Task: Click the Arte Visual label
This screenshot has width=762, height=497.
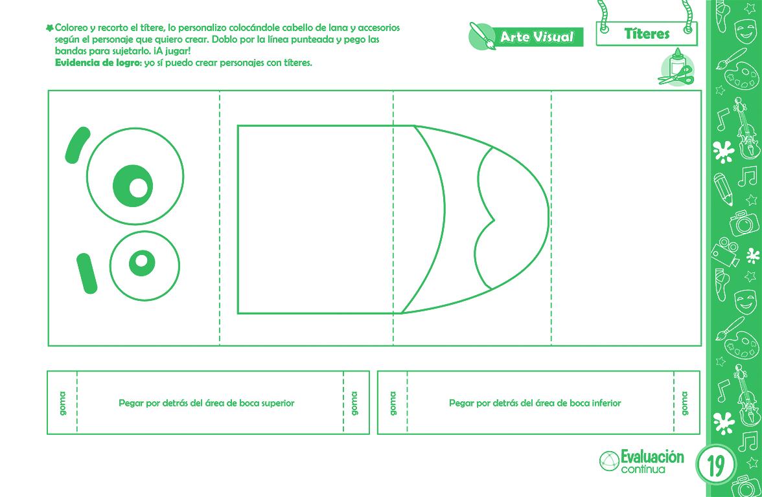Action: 537,37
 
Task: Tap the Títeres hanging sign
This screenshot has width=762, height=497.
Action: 647,34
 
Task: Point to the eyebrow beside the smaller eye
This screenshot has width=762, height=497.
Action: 87,273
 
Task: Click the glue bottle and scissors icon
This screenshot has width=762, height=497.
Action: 676,69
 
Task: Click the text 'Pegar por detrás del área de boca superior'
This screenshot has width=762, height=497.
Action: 207,403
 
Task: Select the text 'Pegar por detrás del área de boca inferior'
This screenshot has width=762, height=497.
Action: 535,403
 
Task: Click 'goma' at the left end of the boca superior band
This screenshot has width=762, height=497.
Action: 62,403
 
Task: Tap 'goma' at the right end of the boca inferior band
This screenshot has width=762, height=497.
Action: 685,403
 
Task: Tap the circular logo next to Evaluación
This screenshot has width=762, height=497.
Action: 609,461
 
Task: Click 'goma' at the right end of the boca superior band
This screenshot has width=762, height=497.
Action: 354,403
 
